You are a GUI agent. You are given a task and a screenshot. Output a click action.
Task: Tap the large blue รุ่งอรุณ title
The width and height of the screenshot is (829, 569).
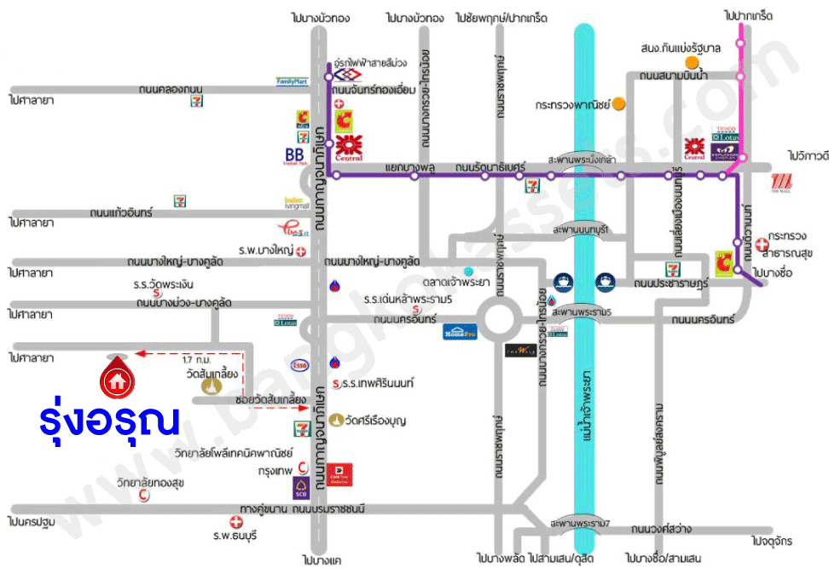(x=111, y=421)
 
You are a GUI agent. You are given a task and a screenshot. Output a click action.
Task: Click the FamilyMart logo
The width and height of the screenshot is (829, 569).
(x=291, y=82)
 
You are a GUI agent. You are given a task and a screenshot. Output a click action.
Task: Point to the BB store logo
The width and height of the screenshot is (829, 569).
(x=295, y=156)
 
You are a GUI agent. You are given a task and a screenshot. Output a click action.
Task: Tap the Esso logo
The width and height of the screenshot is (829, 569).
(x=299, y=367)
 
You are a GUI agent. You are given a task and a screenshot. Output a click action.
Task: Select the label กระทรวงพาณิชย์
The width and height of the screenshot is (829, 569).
(x=573, y=105)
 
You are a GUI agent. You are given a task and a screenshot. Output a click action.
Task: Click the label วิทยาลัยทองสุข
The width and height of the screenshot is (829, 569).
(x=150, y=483)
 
